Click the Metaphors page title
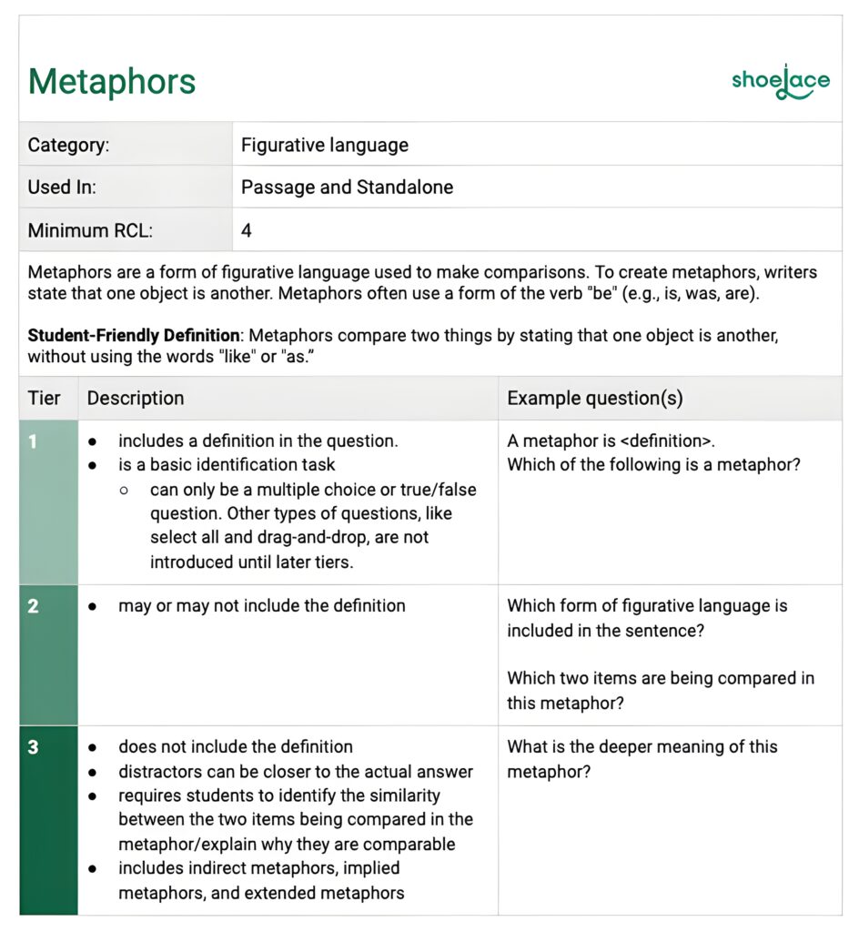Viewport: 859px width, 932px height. (112, 82)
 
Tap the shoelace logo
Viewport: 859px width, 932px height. (780, 82)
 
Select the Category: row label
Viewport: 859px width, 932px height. (69, 145)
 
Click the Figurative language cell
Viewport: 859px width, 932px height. (324, 145)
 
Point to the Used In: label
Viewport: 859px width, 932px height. (62, 187)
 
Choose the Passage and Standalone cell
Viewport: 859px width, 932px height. (347, 187)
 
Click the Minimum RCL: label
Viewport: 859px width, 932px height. (90, 230)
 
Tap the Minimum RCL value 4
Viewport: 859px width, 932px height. (246, 230)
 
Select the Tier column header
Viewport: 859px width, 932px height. (44, 399)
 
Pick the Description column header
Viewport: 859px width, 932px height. (136, 399)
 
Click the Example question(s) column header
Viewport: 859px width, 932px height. (595, 399)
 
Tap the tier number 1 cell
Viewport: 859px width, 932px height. (34, 442)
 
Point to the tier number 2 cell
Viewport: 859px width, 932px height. (34, 606)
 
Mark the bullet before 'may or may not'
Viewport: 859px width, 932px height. (93, 606)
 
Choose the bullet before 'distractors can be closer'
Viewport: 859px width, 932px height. (93, 772)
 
